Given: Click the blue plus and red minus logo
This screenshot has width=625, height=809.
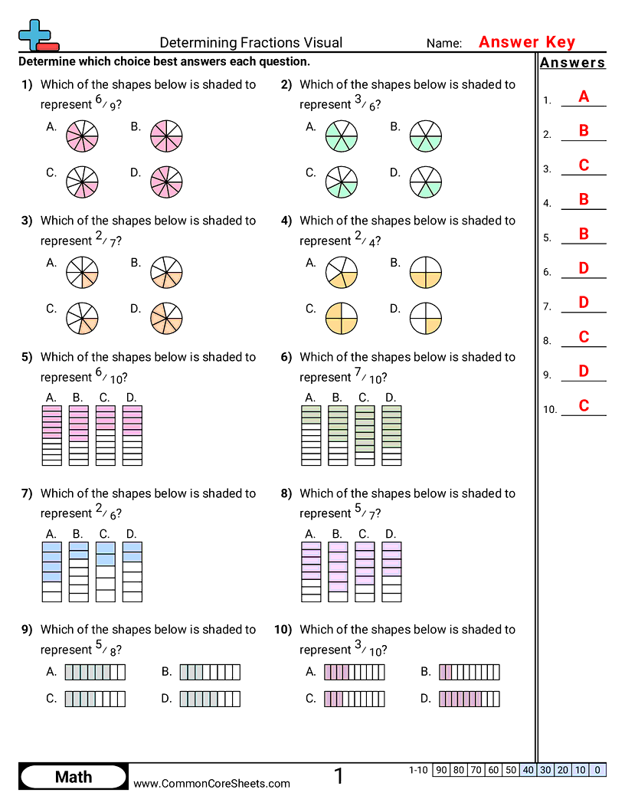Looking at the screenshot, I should (x=37, y=35).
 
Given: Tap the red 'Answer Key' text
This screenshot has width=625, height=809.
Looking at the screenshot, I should (x=526, y=42).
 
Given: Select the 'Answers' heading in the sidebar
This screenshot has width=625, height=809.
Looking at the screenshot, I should (x=572, y=63).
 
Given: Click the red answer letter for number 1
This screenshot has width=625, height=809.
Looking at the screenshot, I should (x=584, y=97).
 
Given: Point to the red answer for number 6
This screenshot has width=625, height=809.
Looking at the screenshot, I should (x=584, y=268).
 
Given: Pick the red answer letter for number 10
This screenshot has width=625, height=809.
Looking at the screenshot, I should (x=584, y=406).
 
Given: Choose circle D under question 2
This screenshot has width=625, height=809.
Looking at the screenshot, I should (x=426, y=181).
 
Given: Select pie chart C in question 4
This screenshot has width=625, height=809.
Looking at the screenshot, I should (x=342, y=317).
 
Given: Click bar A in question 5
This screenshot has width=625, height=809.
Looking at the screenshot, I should (x=51, y=435).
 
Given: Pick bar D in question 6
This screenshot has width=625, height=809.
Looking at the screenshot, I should (x=391, y=435).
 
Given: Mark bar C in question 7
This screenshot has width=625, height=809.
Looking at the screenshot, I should (x=105, y=572).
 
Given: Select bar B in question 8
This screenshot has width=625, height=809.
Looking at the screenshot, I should (x=338, y=572).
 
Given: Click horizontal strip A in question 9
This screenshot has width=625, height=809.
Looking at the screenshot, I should (x=95, y=673).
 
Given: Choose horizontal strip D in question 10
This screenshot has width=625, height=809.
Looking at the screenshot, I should (x=470, y=699).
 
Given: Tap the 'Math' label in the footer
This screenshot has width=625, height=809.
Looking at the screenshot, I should (x=74, y=778).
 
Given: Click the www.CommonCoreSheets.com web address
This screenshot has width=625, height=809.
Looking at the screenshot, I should (x=212, y=783).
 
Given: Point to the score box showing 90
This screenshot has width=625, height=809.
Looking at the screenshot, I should (x=440, y=770).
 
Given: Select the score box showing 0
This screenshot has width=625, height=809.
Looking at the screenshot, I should (x=598, y=770).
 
